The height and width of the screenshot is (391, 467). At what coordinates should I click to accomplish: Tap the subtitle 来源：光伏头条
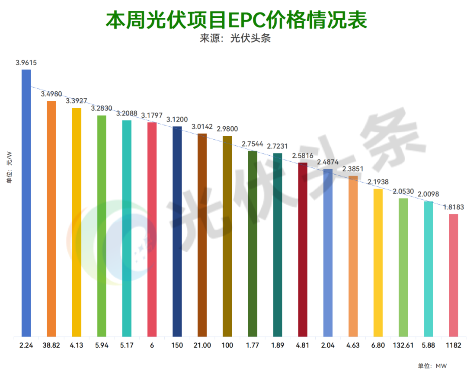(x=235, y=38)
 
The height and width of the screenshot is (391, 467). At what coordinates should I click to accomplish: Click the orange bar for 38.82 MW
(x=51, y=218)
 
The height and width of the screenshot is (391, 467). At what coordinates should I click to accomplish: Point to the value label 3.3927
(x=77, y=101)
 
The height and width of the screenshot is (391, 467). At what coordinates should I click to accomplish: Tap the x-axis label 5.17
(x=127, y=345)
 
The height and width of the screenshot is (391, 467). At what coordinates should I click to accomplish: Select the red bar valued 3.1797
(x=152, y=229)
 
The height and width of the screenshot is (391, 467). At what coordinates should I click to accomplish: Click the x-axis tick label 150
(x=177, y=345)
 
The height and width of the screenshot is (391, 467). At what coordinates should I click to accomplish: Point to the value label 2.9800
(x=227, y=128)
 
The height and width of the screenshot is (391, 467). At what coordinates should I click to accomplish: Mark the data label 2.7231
(x=277, y=146)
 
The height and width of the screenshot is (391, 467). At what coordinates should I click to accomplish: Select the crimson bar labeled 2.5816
(x=303, y=250)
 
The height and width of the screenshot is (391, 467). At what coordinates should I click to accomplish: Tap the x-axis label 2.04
(x=328, y=345)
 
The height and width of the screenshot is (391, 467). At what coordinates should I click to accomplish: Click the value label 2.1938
(x=378, y=182)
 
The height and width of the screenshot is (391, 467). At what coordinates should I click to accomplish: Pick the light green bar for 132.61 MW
(x=403, y=267)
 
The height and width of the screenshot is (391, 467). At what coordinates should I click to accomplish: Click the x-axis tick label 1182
(x=453, y=345)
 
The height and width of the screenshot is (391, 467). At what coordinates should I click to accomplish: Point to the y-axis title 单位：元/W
(x=9, y=167)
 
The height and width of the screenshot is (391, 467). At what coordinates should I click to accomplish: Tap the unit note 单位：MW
(x=432, y=366)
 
